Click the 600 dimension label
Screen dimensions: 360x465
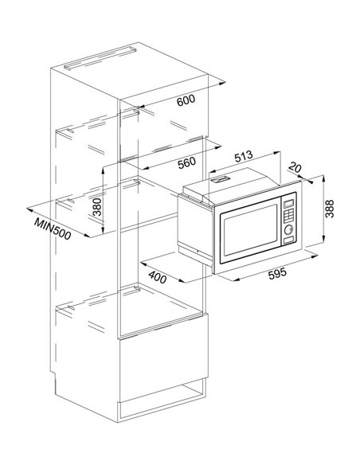[x=186, y=100]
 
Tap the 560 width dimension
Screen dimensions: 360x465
[x=187, y=162]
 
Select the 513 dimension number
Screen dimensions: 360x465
[x=244, y=156]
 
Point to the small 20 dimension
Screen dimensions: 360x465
[x=295, y=167]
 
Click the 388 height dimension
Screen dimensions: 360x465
[x=330, y=209]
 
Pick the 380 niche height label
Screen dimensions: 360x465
[x=97, y=207]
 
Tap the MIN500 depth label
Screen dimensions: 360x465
[x=53, y=229]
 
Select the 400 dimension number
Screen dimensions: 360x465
[x=157, y=277]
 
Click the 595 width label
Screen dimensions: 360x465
[x=277, y=273]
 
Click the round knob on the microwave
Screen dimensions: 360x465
[x=288, y=229]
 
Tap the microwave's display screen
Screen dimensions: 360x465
[x=289, y=204]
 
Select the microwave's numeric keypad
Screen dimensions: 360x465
[x=288, y=216]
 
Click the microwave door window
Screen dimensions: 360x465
[x=251, y=230]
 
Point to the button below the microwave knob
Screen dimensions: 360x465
[x=288, y=240]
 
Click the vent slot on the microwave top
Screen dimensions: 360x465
[x=221, y=179]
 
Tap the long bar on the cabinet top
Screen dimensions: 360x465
[x=100, y=58]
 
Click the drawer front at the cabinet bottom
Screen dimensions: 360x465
[x=164, y=367]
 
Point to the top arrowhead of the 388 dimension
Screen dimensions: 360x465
[x=323, y=178]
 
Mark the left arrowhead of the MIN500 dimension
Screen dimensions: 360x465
[x=29, y=210]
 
